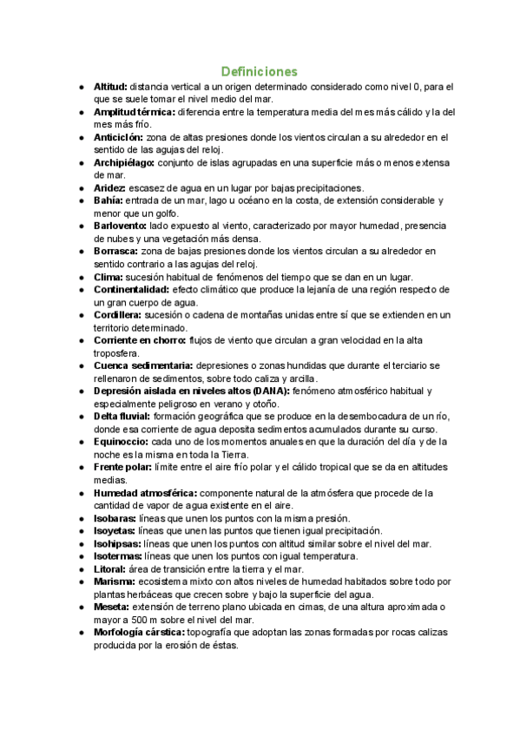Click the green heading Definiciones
point(259,70)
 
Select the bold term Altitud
point(110,87)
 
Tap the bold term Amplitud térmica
point(134,112)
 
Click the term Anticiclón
point(119,137)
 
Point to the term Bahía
point(109,200)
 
